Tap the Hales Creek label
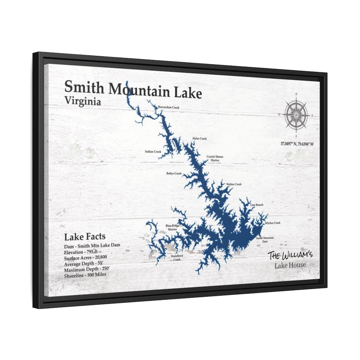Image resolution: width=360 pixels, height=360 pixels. coord(199,139)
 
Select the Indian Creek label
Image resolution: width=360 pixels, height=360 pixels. coord(153,152)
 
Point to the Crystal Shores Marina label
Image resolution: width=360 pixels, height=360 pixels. coord(215,158)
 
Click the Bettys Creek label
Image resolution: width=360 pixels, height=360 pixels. coord(174,174)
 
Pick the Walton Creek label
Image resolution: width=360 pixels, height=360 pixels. coord(234,184)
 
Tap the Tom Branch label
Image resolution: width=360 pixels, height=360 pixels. coord(257,205)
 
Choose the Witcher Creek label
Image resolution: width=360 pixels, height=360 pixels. coord(273,223)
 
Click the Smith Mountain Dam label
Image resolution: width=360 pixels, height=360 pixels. coord(265,240)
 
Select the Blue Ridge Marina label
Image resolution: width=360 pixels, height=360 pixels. coord(172,228)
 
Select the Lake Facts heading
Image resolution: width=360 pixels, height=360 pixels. coord(85,237)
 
